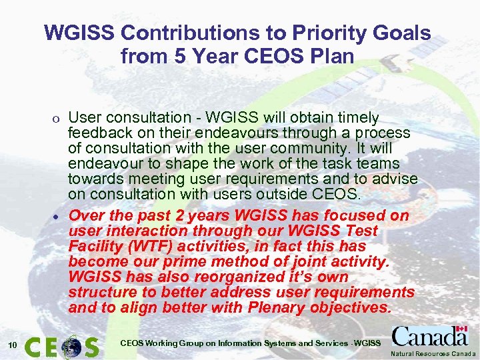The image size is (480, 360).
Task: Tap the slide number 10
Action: [12, 345]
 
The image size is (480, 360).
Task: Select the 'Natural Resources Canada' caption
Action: [433, 353]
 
